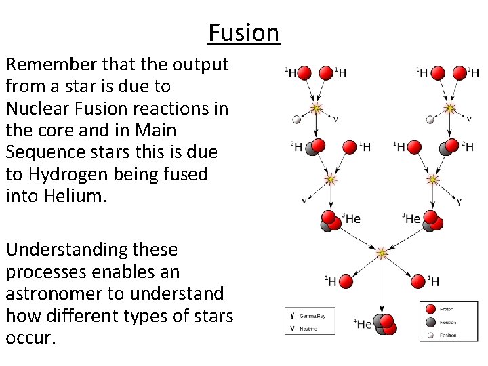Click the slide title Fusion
pos(243,33)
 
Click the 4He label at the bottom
pos(363,324)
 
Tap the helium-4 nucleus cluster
pos(385,324)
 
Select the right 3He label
pos(412,218)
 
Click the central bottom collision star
pos(382,253)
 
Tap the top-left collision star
pos(315,108)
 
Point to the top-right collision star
pos(449,108)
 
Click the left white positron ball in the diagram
pos(296,120)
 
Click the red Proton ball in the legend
pos(429,310)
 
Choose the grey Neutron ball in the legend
pos(429,322)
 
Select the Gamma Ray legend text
pos(312,316)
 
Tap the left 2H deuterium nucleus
pos(314,146)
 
